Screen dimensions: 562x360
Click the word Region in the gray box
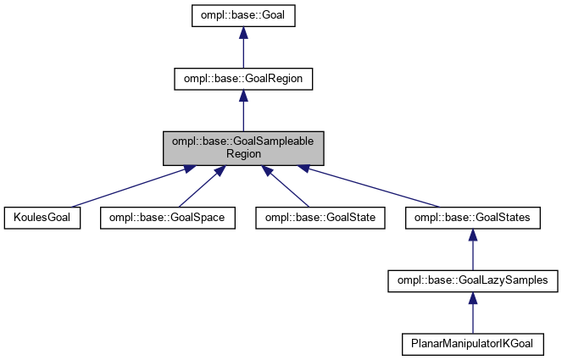(243, 155)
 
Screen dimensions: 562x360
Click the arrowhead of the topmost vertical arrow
(243, 33)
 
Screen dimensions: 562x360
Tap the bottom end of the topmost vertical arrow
(243, 68)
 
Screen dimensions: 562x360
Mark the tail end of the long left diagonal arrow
(72, 206)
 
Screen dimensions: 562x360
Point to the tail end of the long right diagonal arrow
(441, 206)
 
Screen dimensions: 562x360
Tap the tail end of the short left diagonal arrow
(179, 206)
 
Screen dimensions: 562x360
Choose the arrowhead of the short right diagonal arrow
(266, 171)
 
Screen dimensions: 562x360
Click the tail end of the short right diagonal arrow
(309, 206)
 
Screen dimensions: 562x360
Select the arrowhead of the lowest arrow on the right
(473, 298)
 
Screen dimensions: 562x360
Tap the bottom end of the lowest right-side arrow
(473, 333)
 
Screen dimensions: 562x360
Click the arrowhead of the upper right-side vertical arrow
(473, 235)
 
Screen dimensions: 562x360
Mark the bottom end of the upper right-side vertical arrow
(473, 269)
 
